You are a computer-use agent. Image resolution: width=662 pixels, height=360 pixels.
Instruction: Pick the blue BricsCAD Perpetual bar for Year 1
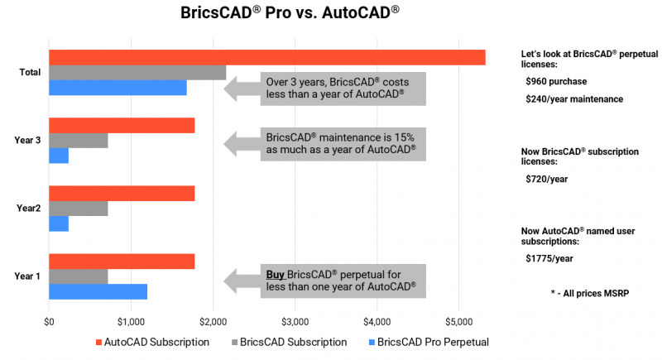[98, 291]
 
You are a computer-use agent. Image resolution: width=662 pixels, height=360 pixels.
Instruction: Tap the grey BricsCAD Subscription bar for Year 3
[79, 141]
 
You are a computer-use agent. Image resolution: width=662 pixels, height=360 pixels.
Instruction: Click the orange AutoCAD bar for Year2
[122, 193]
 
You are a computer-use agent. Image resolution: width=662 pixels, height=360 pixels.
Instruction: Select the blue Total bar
[118, 88]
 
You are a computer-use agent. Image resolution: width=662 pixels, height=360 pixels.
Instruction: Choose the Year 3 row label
[28, 141]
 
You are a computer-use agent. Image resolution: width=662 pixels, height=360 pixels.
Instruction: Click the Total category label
[31, 73]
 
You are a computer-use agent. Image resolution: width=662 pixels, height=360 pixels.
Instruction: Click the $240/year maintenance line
[574, 99]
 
